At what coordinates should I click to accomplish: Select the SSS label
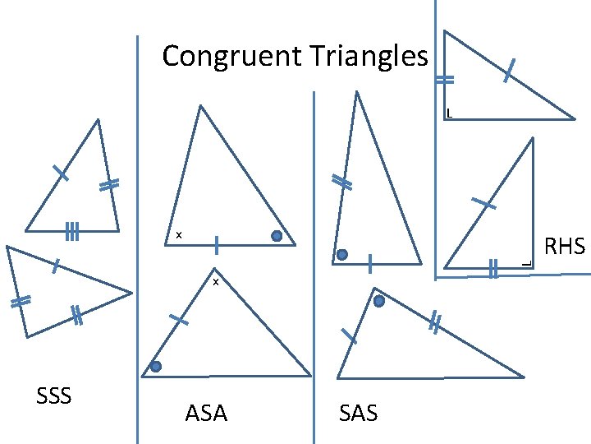(x=54, y=396)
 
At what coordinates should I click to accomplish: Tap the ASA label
(x=206, y=413)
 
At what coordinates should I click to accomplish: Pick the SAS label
(x=358, y=413)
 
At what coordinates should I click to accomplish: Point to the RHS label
(x=565, y=246)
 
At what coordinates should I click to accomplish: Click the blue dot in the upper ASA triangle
(x=277, y=237)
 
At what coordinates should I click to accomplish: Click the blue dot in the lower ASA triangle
(x=156, y=366)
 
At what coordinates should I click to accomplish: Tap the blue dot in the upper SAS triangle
(x=342, y=255)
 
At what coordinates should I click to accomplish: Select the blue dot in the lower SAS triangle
(x=379, y=302)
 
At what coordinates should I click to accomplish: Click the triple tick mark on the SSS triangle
(x=72, y=232)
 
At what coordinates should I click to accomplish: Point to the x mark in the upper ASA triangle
(x=178, y=237)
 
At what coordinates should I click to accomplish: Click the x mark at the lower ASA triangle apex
(x=215, y=283)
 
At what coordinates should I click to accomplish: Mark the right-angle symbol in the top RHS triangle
(x=449, y=113)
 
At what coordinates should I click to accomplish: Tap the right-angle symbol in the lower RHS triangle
(x=526, y=262)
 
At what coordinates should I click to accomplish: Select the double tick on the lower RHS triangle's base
(x=492, y=268)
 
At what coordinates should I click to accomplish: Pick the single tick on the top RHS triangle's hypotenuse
(x=509, y=70)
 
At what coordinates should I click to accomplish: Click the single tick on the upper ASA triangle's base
(x=217, y=244)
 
